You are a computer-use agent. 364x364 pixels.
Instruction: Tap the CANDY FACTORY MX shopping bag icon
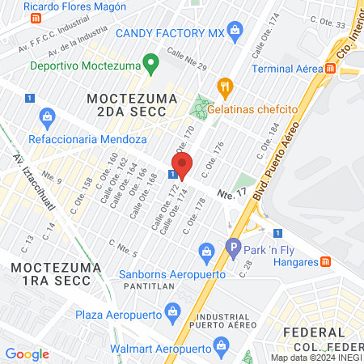235,33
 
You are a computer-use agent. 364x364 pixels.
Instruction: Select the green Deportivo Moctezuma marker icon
150,63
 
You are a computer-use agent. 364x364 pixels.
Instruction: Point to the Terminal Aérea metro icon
331,69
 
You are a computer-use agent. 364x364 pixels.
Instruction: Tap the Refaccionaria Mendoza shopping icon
46,116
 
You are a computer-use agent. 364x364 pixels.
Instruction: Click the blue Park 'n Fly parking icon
234,248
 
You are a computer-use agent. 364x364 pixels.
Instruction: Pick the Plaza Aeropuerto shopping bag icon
171,311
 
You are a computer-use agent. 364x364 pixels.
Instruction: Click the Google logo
28,354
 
